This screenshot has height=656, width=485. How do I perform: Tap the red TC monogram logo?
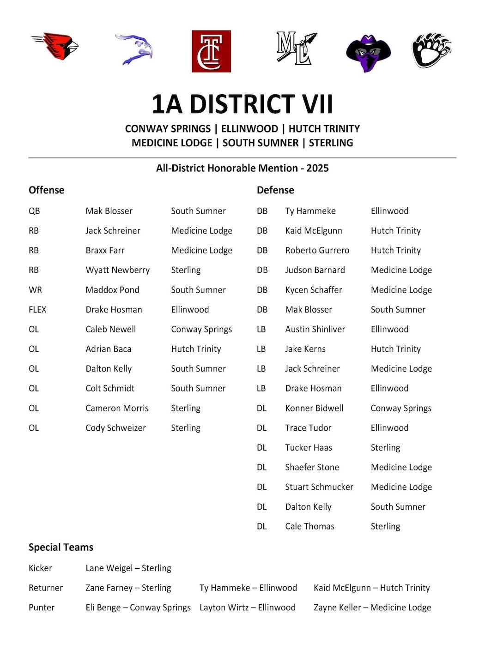[211, 51]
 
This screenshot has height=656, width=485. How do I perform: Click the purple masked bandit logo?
[368, 52]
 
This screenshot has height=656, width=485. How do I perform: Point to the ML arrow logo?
[296, 48]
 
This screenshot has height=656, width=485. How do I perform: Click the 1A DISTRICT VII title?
[242, 104]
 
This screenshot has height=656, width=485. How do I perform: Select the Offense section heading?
[46, 190]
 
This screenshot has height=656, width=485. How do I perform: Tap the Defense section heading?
[275, 190]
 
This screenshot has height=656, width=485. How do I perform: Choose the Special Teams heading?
[61, 548]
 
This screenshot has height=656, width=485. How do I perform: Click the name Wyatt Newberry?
[118, 270]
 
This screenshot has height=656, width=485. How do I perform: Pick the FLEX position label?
[37, 310]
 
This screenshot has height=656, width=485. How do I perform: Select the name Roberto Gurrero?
[317, 250]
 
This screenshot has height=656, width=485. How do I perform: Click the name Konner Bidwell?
[314, 408]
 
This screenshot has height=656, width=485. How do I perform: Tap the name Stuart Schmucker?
[319, 487]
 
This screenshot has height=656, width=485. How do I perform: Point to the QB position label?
[34, 211]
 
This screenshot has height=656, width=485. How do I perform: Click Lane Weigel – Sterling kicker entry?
[128, 568]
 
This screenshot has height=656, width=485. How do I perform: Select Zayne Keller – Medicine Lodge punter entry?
[372, 608]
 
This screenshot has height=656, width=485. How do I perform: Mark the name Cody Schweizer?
[115, 428]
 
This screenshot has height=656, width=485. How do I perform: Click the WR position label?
[35, 290]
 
